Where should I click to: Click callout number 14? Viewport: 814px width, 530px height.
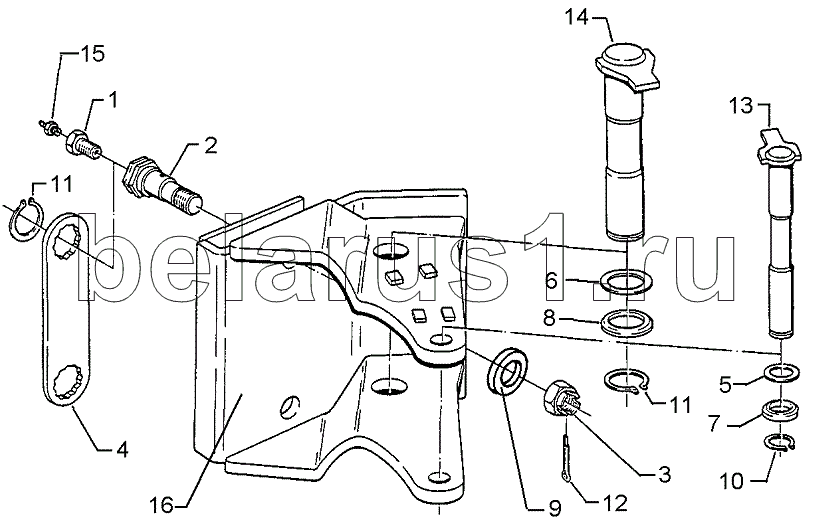(577, 17)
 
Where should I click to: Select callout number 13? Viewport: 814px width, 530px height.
(741, 106)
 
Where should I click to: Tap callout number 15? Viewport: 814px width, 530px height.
(92, 53)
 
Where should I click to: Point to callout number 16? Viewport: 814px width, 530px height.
(161, 505)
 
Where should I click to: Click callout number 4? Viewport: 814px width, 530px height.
(121, 449)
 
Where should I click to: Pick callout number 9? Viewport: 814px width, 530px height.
(554, 508)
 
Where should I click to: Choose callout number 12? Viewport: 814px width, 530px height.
(616, 503)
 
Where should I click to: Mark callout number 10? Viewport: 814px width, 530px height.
(732, 482)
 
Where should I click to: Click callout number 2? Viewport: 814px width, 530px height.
(210, 146)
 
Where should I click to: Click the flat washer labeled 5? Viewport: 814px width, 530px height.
(782, 373)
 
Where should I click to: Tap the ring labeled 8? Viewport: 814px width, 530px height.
(626, 323)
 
